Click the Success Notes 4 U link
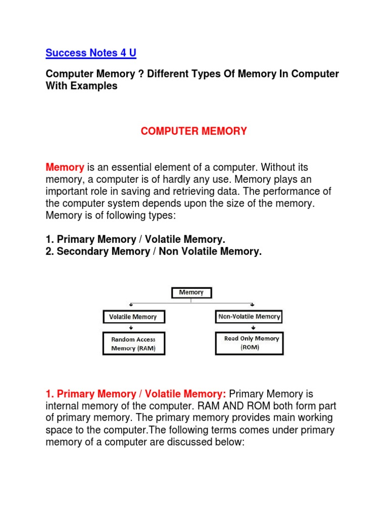pyautogui.click(x=91, y=53)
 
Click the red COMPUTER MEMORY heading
pyautogui.click(x=193, y=131)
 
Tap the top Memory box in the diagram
pyautogui.click(x=191, y=292)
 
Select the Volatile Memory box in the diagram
pyautogui.click(x=133, y=317)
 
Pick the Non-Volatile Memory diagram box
pyautogui.click(x=249, y=317)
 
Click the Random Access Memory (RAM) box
pyautogui.click(x=133, y=344)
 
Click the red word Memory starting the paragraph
pyautogui.click(x=65, y=167)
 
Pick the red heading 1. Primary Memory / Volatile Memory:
pyautogui.click(x=135, y=394)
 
